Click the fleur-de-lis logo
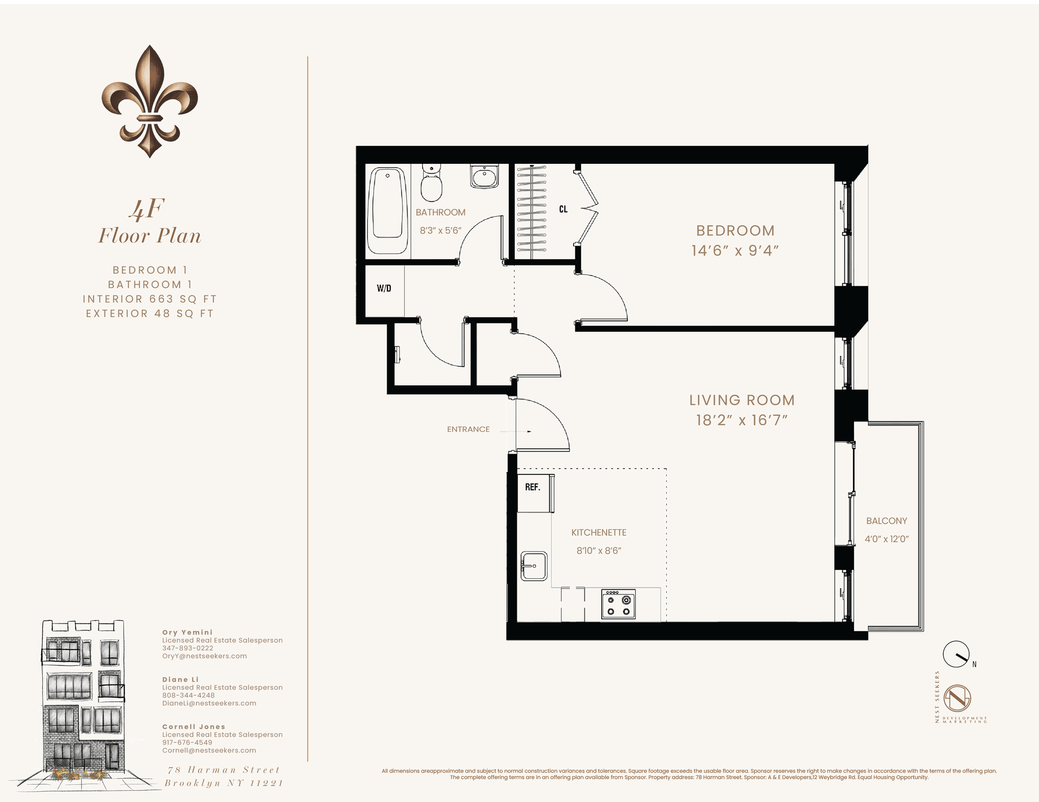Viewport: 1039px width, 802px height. tap(150, 101)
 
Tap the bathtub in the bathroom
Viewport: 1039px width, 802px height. tap(387, 210)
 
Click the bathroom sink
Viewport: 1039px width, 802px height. tap(484, 176)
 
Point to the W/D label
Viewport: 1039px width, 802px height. tap(384, 288)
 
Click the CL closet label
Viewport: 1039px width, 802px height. tap(563, 209)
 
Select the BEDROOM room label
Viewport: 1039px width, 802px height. tap(735, 231)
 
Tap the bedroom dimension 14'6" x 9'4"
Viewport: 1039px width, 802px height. tap(735, 251)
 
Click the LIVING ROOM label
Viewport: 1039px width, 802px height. tap(741, 400)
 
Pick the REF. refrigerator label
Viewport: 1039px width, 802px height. tap(532, 487)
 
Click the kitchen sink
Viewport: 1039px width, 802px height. tap(534, 566)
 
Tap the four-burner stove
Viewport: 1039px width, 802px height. tap(618, 604)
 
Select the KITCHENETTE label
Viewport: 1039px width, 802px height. tap(599, 533)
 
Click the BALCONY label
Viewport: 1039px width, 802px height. tap(886, 521)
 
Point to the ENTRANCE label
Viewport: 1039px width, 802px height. tap(468, 429)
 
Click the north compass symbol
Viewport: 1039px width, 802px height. tap(956, 654)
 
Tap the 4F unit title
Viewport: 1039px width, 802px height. tap(147, 209)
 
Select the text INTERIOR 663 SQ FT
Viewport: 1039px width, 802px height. tap(150, 299)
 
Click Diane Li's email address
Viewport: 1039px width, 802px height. tap(209, 704)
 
